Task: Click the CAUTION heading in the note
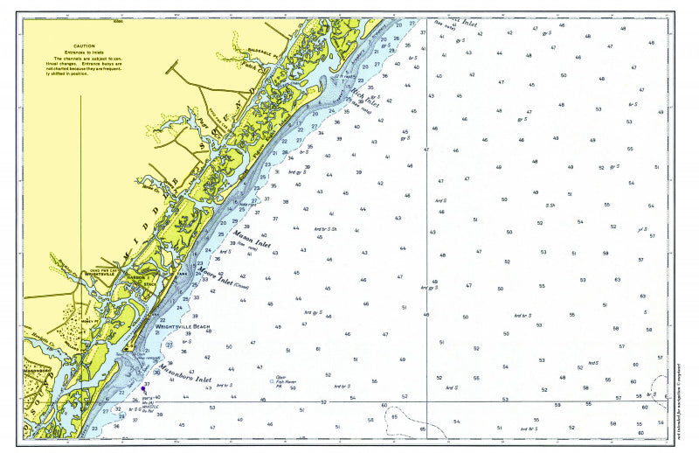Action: (x=84, y=45)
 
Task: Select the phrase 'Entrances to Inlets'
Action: (x=84, y=51)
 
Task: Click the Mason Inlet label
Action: (x=252, y=240)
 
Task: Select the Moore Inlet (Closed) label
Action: (x=223, y=278)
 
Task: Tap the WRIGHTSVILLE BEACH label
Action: (x=183, y=326)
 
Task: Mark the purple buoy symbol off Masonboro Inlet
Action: (x=143, y=388)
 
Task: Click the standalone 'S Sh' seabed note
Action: (x=550, y=206)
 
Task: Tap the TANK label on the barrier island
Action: (x=182, y=273)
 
